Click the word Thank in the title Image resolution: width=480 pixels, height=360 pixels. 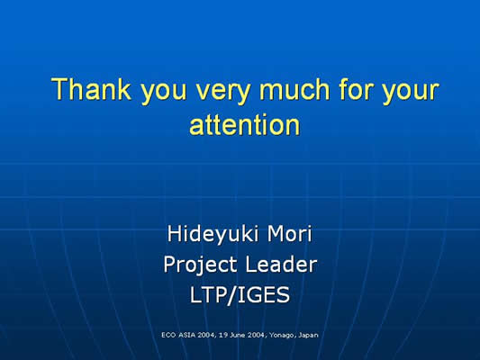click(91, 89)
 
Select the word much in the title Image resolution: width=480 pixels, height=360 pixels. click(294, 89)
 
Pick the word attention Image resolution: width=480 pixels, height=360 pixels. click(245, 125)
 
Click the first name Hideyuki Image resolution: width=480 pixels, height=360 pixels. click(213, 235)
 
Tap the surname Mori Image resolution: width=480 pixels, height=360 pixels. click(290, 233)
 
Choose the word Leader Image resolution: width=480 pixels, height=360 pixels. click(281, 265)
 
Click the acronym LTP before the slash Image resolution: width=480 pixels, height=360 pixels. click(208, 295)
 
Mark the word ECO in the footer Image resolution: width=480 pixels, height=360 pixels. click(168, 335)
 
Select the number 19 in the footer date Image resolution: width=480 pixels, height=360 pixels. click(223, 335)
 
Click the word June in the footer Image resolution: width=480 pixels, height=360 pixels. click(237, 335)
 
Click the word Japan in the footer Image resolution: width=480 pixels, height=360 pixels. click(308, 336)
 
